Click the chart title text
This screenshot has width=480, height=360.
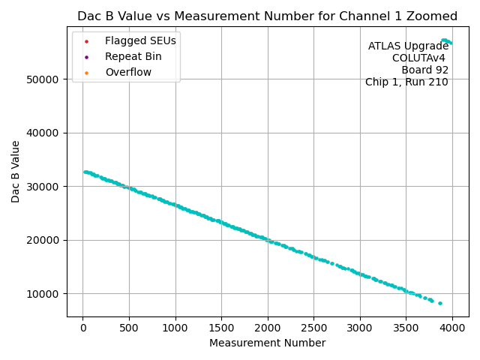tap(267, 16)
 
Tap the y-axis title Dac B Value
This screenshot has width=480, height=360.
tap(16, 171)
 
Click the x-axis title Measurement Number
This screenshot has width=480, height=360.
tap(267, 343)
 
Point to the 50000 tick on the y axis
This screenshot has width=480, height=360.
tap(46, 79)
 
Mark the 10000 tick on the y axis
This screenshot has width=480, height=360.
tap(46, 293)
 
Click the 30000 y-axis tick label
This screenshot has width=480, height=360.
tap(46, 187)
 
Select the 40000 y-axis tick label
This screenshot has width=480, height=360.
tap(46, 133)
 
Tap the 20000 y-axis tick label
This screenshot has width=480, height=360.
tap(46, 240)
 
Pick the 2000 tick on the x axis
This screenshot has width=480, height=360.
tap(268, 327)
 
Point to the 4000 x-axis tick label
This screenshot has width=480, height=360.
tap(452, 327)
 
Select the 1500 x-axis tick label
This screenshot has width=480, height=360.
tap(222, 327)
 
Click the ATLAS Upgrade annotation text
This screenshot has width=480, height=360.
tap(408, 46)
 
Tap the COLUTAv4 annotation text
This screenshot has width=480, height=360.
tap(420, 58)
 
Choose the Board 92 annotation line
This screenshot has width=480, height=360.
tap(424, 70)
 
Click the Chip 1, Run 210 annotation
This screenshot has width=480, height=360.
tap(406, 82)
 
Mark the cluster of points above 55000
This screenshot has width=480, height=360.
tap(446, 41)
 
